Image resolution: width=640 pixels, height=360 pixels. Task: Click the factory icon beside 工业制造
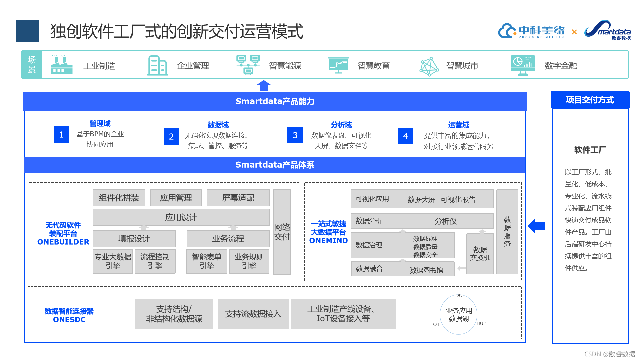pyautogui.click(x=62, y=65)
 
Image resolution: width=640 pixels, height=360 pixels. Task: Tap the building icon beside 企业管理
pyautogui.click(x=157, y=65)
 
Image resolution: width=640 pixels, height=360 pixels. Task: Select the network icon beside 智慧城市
pyautogui.click(x=429, y=66)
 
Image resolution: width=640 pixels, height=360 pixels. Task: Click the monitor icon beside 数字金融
pyautogui.click(x=522, y=65)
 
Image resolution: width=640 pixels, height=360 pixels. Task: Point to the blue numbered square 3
pyautogui.click(x=295, y=135)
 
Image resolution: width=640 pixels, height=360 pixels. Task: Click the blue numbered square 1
pyautogui.click(x=62, y=135)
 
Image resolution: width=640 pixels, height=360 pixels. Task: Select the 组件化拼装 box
pyautogui.click(x=119, y=198)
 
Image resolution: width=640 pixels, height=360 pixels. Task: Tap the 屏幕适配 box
pyautogui.click(x=238, y=198)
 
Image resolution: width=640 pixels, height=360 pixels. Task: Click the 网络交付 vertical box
pyautogui.click(x=282, y=232)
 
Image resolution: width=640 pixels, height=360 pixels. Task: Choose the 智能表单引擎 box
pyautogui.click(x=207, y=261)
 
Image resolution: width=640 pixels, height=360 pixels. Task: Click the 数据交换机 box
pyautogui.click(x=480, y=254)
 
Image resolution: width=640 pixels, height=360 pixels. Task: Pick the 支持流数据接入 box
pyautogui.click(x=253, y=314)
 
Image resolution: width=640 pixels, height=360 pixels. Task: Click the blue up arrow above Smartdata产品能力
pyautogui.click(x=264, y=85)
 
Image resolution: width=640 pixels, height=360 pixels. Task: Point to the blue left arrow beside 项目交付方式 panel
pyautogui.click(x=536, y=226)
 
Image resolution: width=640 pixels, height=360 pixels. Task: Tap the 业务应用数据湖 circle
pyautogui.click(x=459, y=315)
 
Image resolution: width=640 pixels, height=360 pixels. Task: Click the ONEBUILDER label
pyautogui.click(x=63, y=242)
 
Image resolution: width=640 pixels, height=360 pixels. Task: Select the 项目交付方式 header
pyautogui.click(x=590, y=100)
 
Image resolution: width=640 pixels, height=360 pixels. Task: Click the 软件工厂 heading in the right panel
pyautogui.click(x=590, y=150)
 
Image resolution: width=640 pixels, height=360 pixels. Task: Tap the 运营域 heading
pyautogui.click(x=458, y=125)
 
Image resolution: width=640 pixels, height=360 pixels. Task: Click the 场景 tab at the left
pyautogui.click(x=32, y=65)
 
